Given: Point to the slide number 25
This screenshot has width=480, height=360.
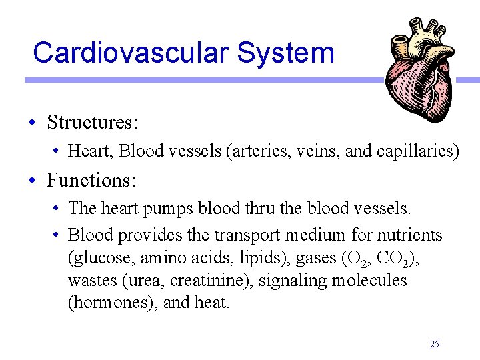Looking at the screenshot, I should click(x=435, y=344).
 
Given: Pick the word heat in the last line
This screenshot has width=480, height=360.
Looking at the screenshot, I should click(x=211, y=303).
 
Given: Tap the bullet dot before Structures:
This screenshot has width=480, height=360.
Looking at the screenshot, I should click(x=32, y=123).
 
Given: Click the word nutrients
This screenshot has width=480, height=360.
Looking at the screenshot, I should click(x=409, y=235).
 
